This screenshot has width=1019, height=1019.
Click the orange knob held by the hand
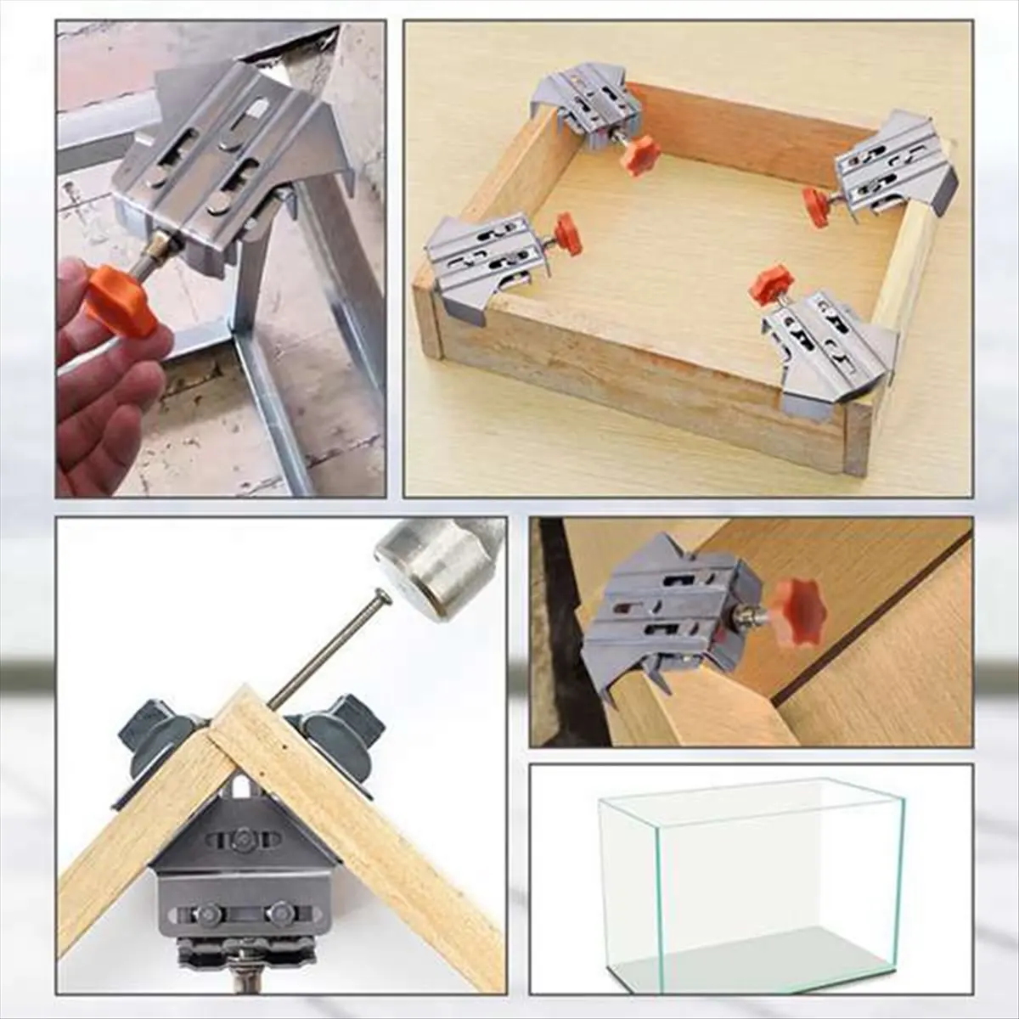tap(120, 298)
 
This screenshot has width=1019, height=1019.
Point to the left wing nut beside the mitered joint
tap(157, 726)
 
